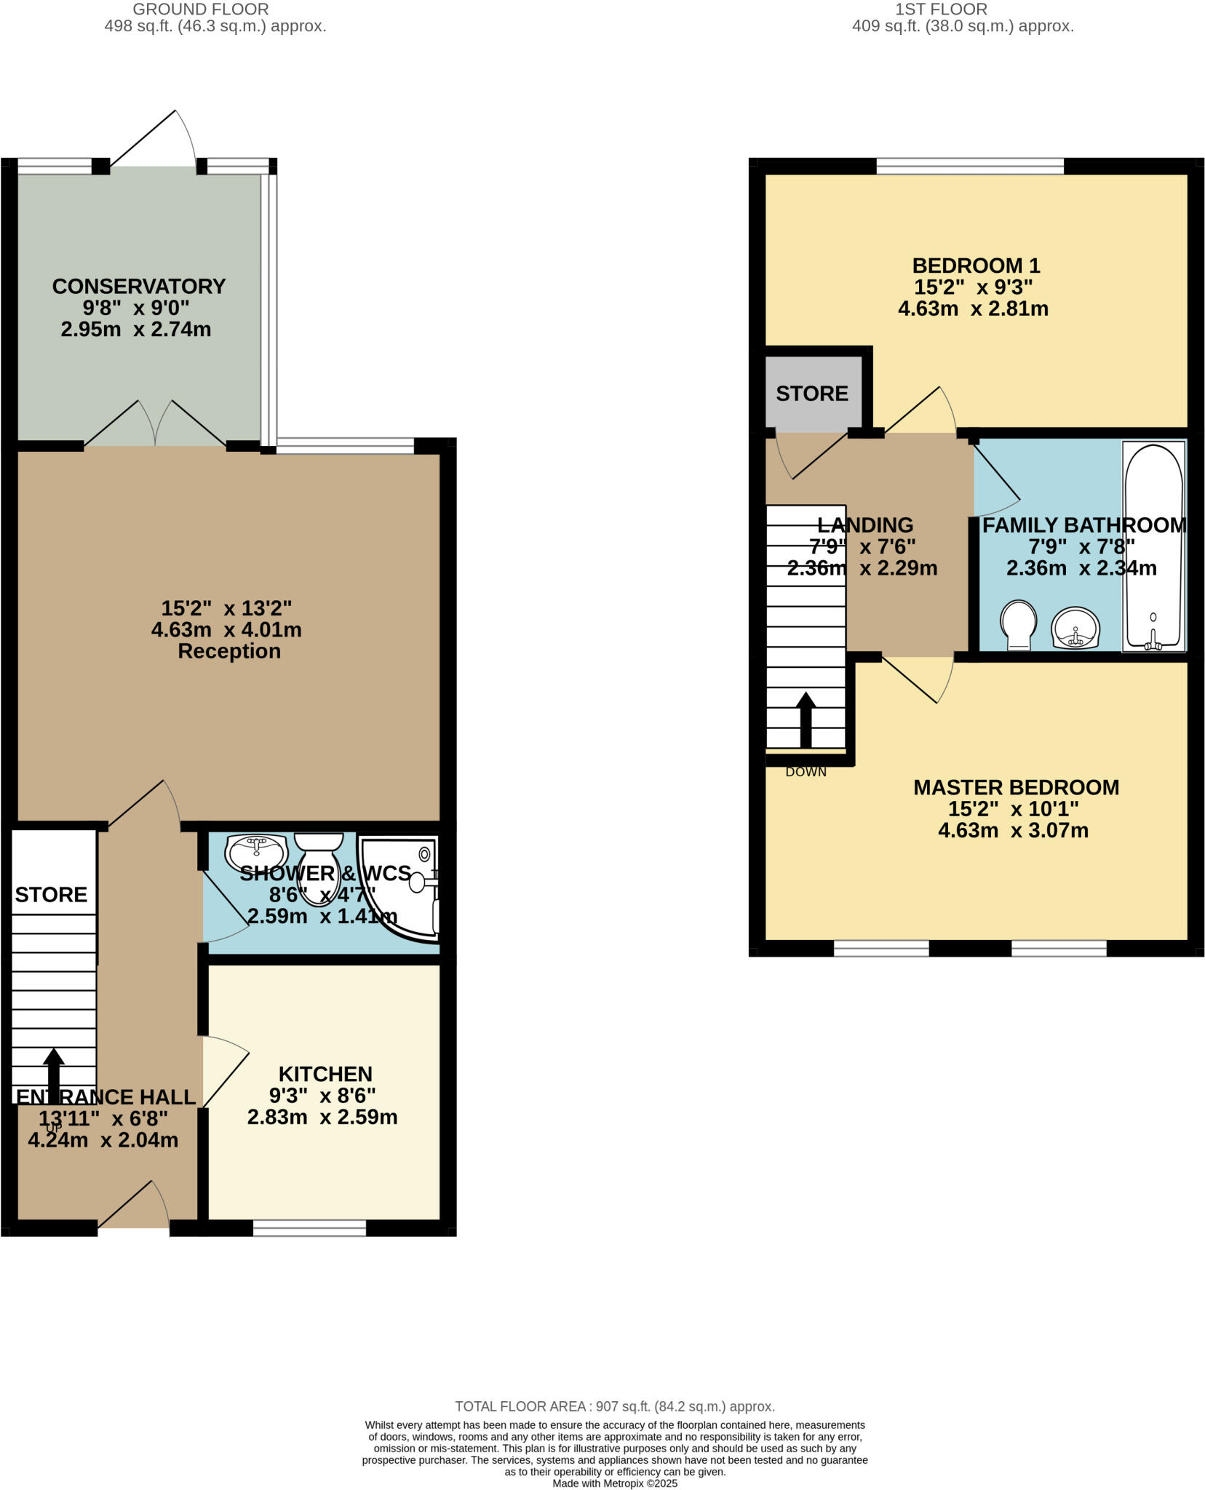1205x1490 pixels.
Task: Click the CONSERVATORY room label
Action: click(x=138, y=286)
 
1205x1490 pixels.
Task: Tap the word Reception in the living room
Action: click(x=228, y=651)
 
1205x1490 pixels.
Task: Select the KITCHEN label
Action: click(x=325, y=1074)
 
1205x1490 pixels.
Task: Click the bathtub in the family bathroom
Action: click(x=1153, y=546)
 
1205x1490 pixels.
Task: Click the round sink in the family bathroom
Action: click(x=1075, y=627)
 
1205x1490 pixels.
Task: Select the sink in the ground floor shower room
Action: click(x=256, y=849)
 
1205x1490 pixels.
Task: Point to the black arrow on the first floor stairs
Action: click(x=805, y=719)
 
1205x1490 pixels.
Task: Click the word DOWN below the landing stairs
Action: click(x=806, y=772)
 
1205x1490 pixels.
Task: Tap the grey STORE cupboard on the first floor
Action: click(x=812, y=394)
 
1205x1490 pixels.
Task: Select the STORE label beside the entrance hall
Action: click(x=51, y=894)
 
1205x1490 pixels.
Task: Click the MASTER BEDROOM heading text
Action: click(x=1016, y=787)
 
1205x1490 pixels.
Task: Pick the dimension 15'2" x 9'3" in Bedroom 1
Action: click(x=973, y=287)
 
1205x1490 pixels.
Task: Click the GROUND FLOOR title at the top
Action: click(x=200, y=9)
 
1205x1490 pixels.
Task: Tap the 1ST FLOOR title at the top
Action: click(x=940, y=9)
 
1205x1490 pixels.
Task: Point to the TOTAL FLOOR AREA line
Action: click(x=614, y=1406)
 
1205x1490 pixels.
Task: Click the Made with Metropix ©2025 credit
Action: click(x=614, y=1483)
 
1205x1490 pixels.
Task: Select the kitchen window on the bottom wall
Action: click(x=309, y=1229)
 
